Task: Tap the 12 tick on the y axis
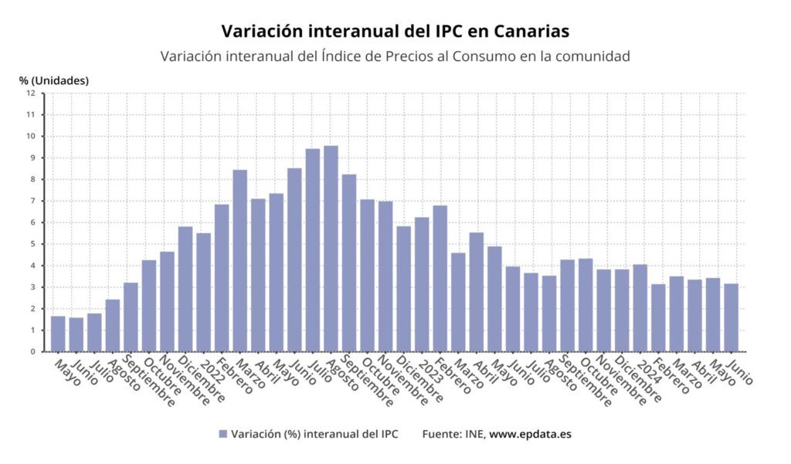(31, 93)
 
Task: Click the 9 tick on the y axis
(32, 158)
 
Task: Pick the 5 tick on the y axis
(32, 244)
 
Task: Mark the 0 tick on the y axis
(32, 352)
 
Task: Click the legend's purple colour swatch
(223, 435)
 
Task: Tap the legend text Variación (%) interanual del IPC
(314, 435)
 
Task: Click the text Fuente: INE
(453, 435)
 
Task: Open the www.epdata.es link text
(531, 435)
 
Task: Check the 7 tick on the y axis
(32, 202)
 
